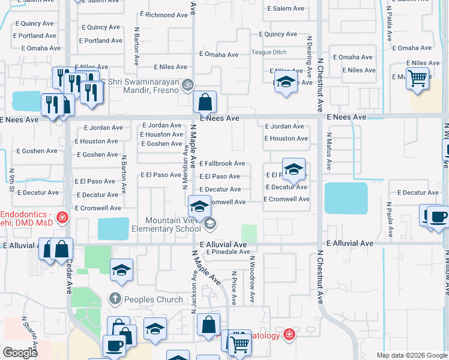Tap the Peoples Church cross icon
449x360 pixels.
click(115, 298)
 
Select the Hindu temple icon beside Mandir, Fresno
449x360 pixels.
click(188, 85)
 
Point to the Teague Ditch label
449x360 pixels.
click(269, 52)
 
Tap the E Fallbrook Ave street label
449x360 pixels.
click(222, 163)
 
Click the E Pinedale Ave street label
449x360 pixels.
click(228, 252)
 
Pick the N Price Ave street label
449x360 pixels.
click(234, 287)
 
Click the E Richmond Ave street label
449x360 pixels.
click(164, 14)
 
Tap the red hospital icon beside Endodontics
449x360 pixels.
click(61, 217)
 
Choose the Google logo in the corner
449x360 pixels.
click(20, 353)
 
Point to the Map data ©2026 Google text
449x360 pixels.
click(411, 355)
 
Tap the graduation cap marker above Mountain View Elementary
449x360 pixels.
click(199, 207)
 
